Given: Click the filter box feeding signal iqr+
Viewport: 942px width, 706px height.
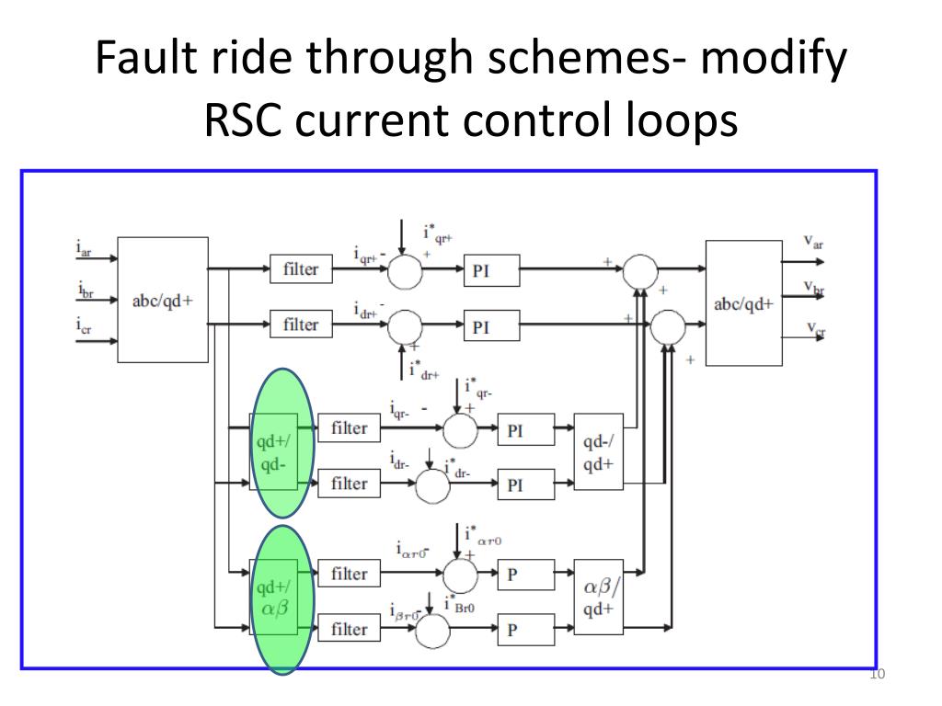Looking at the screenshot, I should [301, 268].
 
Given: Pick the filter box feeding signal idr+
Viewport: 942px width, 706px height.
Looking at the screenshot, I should [301, 325].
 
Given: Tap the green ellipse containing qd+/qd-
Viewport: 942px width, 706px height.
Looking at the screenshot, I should [281, 443].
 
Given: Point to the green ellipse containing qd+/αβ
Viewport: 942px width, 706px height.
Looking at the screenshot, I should [281, 598].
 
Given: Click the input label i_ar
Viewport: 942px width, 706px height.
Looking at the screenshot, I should [86, 248].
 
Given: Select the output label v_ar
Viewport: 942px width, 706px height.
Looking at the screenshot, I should [813, 243].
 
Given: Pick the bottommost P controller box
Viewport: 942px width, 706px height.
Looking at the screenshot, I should [527, 631].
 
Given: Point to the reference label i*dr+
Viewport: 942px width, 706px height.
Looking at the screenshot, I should [424, 370].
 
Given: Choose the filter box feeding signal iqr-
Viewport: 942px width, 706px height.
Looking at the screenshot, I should [349, 427].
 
